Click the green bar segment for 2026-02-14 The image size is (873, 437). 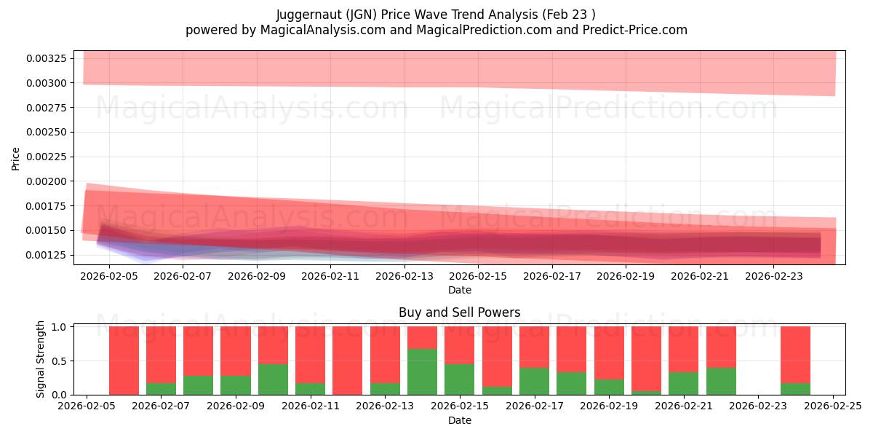tap(422, 371)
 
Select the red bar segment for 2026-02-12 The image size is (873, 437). tap(348, 360)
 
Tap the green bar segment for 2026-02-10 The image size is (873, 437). tap(273, 379)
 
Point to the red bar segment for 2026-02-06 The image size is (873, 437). tap(124, 360)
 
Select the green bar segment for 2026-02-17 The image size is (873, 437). tap(534, 381)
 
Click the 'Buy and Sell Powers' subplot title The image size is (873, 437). tap(459, 312)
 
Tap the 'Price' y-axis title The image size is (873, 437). tap(16, 158)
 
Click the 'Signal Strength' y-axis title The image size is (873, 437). tap(41, 359)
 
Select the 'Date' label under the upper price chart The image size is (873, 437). tap(459, 290)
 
